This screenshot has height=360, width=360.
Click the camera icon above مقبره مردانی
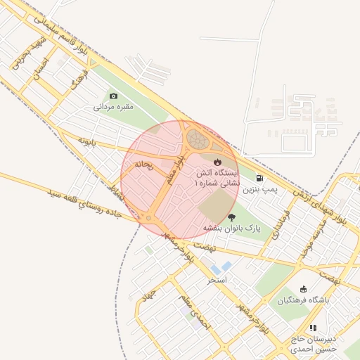tap(113, 96)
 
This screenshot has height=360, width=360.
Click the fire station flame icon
tap(217, 162)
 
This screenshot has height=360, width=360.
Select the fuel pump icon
tap(261, 179)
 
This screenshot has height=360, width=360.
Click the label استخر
tap(216, 280)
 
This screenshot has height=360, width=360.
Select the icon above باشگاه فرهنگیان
tap(303, 288)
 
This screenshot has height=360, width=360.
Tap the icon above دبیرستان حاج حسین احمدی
tap(313, 328)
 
